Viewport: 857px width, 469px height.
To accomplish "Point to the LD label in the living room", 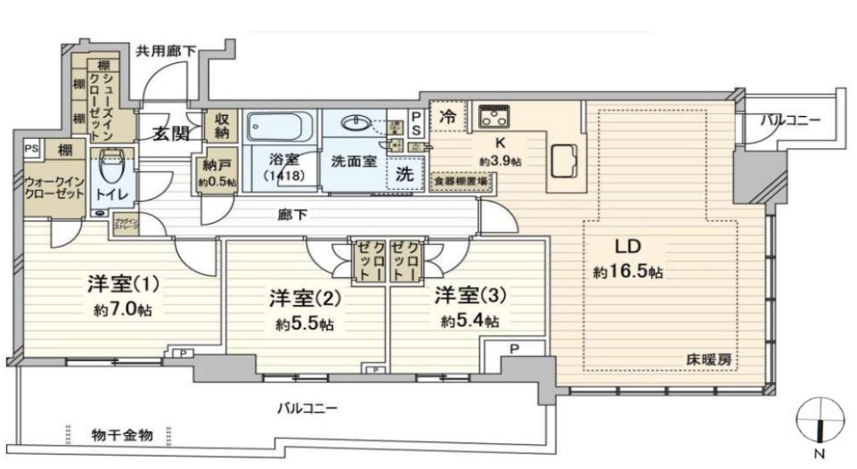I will pyautogui.click(x=627, y=247).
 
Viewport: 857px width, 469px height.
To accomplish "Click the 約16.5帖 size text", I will pyautogui.click(x=628, y=271).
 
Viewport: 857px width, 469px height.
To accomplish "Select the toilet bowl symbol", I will pyautogui.click(x=112, y=165).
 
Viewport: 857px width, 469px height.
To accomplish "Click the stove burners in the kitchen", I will pyautogui.click(x=493, y=116).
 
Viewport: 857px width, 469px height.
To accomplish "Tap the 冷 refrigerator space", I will pyautogui.click(x=448, y=115).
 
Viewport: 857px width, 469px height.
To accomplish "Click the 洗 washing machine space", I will pyautogui.click(x=404, y=175).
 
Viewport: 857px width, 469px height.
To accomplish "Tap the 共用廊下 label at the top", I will pyautogui.click(x=166, y=51).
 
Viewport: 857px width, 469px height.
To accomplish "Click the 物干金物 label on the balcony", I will pyautogui.click(x=122, y=434).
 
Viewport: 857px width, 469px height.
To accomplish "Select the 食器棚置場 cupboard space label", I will pyautogui.click(x=461, y=181).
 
